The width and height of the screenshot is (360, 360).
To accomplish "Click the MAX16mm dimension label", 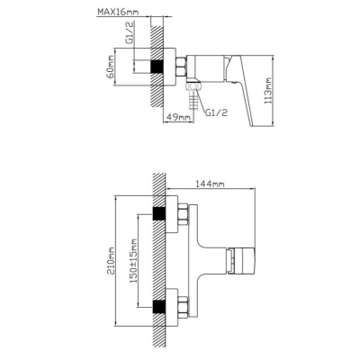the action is tap(118, 13).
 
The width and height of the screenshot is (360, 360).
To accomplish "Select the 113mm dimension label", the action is tap(267, 91).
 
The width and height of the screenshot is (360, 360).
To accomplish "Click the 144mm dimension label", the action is tap(210, 184).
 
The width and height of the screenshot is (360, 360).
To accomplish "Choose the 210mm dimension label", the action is tap(112, 260).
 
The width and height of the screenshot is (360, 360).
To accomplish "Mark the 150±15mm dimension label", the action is tap(134, 261).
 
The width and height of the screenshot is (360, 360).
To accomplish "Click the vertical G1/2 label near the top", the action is tap(130, 36).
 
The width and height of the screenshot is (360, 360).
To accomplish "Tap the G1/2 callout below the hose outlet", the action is tap(216, 112).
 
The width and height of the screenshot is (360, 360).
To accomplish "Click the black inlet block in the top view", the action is tap(157, 67).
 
